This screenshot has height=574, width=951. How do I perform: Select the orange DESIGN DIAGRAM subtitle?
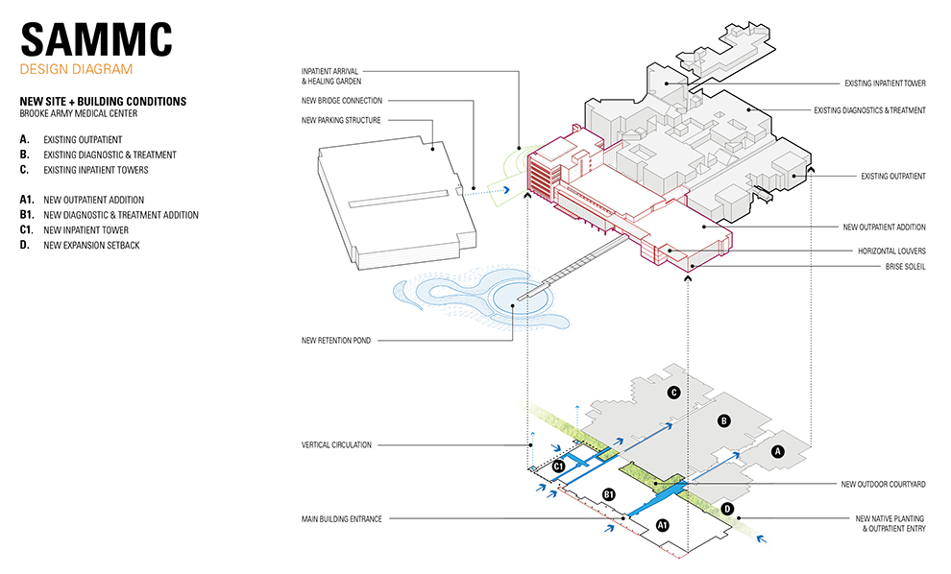[x=76, y=70]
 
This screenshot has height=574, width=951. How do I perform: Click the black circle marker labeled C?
[x=674, y=392]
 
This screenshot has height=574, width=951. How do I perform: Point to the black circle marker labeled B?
[x=724, y=419]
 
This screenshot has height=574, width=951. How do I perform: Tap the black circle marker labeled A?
[x=779, y=450]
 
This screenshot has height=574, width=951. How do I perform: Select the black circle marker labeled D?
[x=726, y=508]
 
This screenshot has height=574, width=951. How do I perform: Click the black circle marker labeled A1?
[x=661, y=525]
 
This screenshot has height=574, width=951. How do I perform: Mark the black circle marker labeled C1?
[x=557, y=466]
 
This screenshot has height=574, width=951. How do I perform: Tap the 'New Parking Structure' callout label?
[x=341, y=120]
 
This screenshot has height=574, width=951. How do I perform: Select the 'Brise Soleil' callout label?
[x=905, y=267]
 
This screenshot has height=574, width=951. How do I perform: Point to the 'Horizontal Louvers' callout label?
[x=891, y=251]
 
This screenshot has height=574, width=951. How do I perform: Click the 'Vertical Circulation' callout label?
[x=336, y=444]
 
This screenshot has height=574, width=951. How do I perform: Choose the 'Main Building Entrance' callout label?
[x=341, y=519]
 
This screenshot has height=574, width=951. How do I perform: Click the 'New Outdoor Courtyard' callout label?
[x=884, y=484]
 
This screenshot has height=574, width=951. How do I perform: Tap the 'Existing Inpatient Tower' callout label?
[x=885, y=84]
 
